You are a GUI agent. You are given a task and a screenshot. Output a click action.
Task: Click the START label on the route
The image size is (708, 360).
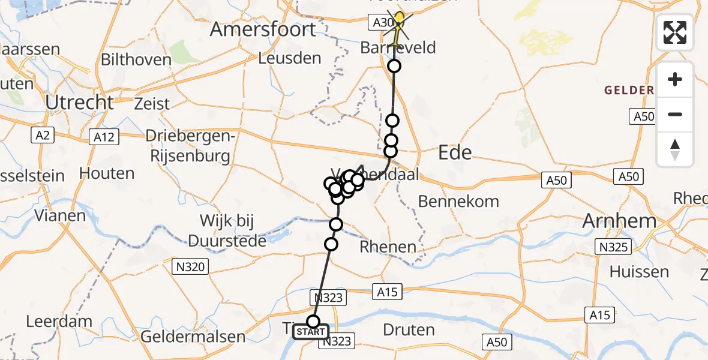point(311,332)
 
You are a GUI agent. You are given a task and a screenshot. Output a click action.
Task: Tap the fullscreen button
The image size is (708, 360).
point(675,32)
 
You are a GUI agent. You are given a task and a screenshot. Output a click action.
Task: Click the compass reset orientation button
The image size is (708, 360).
point(675,149)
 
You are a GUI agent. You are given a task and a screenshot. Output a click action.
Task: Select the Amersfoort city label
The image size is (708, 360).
point(263,29)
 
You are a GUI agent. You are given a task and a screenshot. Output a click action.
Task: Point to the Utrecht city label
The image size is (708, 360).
point(80,103)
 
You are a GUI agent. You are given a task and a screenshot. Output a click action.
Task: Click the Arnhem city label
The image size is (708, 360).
point(619,221)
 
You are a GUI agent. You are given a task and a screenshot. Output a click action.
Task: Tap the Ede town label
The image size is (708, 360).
point(455,152)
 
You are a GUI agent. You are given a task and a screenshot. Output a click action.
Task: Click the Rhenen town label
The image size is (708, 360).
point(388,247)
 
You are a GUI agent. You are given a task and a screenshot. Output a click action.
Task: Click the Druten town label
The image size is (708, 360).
point(408,329)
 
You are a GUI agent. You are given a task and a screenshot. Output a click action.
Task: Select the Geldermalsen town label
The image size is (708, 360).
point(193,337)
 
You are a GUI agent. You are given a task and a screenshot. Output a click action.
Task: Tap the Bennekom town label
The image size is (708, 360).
point(458,202)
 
